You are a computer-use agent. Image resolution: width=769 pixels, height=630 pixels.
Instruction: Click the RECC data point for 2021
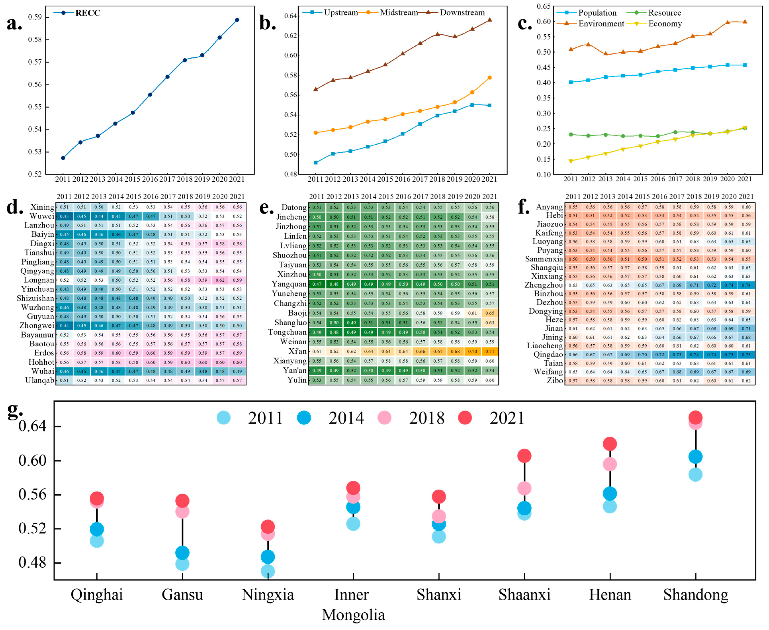point(237,20)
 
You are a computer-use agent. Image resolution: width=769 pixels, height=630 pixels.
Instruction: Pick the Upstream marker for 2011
point(316,163)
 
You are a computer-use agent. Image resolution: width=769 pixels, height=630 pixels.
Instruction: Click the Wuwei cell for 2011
point(64,216)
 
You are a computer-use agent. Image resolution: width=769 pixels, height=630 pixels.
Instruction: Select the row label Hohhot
point(41,362)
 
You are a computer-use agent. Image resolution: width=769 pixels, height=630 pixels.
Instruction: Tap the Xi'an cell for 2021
point(490,351)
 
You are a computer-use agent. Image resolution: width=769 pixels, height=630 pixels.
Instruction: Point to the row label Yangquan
point(289,284)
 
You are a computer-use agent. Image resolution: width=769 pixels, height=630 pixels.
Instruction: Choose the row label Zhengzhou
point(543,285)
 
